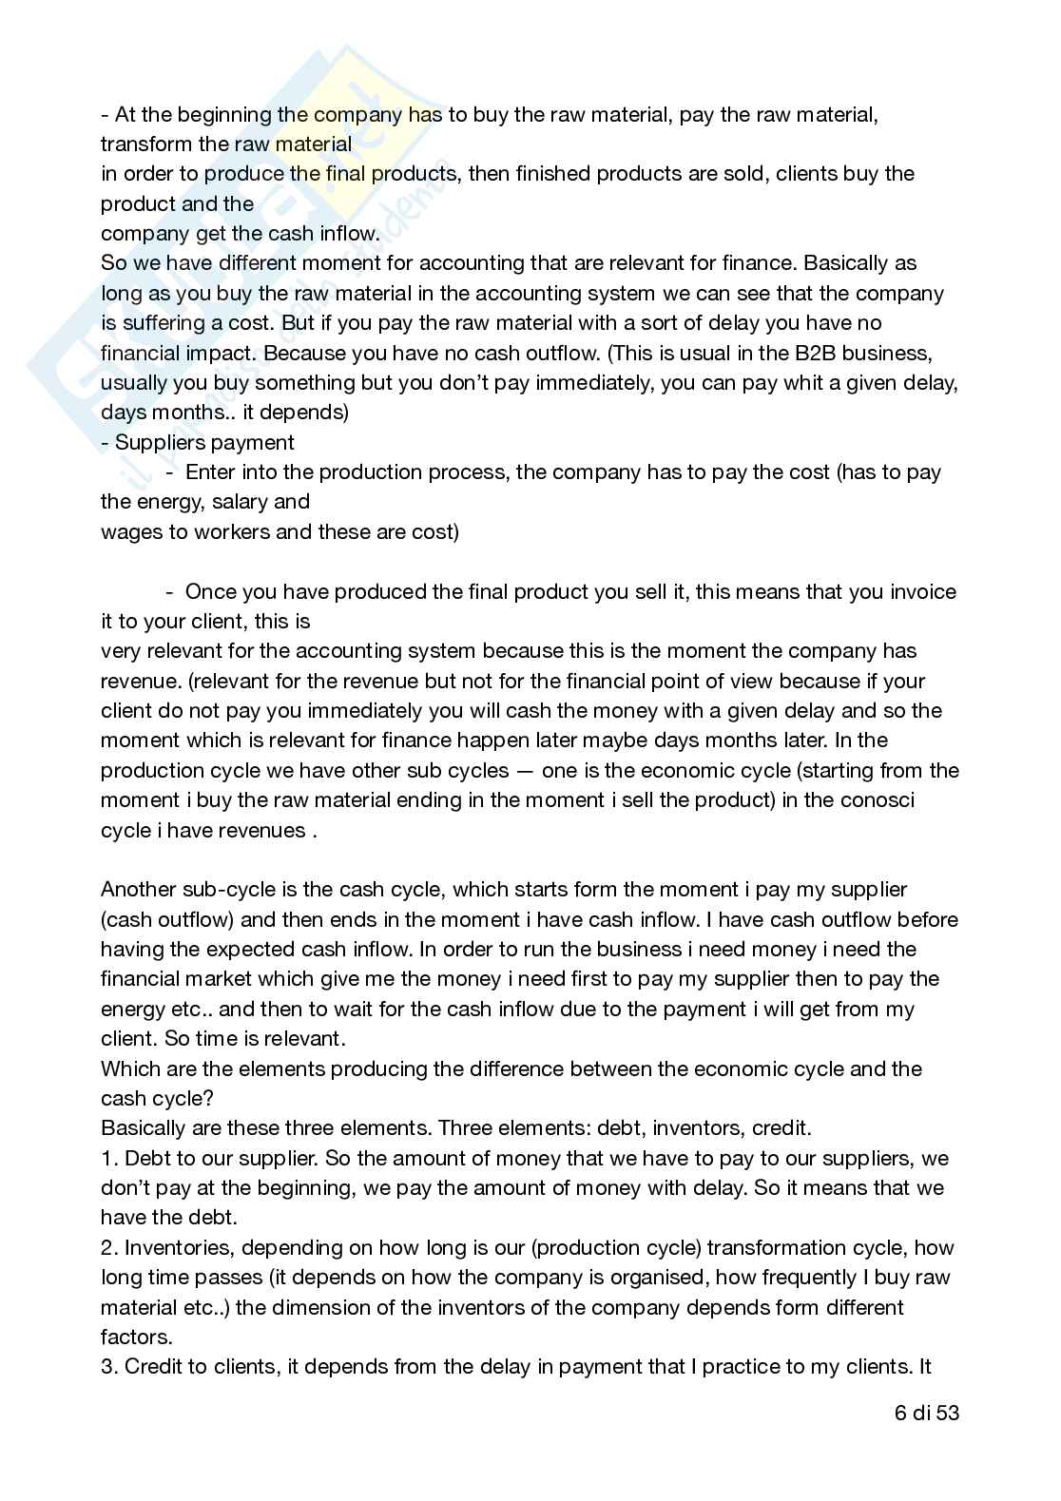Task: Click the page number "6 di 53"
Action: tap(927, 1413)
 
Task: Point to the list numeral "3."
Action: tap(108, 1366)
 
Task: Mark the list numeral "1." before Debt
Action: tap(108, 1158)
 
